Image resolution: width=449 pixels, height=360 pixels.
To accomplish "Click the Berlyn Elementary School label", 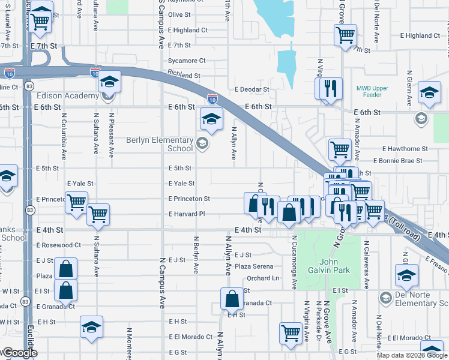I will pyautogui.click(x=160, y=144).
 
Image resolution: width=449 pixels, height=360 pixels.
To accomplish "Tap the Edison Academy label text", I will pyautogui.click(x=68, y=96).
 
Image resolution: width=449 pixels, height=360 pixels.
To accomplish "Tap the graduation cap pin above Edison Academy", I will pyautogui.click(x=109, y=82).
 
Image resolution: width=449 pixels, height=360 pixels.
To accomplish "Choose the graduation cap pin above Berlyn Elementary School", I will pyautogui.click(x=211, y=119).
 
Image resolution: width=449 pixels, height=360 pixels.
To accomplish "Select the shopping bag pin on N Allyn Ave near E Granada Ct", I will pyautogui.click(x=231, y=298).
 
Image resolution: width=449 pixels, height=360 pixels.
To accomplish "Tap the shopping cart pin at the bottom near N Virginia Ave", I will pyautogui.click(x=291, y=332).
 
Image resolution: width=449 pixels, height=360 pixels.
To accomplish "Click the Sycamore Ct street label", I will pyautogui.click(x=187, y=61).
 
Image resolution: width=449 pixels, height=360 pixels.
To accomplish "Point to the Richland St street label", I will pyautogui.click(x=184, y=76).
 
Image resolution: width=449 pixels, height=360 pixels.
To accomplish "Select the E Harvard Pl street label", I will pyautogui.click(x=187, y=214).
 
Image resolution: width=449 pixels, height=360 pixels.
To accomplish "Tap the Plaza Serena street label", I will pyautogui.click(x=254, y=266).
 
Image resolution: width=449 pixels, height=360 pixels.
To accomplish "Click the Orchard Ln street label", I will pyautogui.click(x=263, y=278).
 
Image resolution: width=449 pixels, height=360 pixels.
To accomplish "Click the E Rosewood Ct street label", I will pyautogui.click(x=58, y=245).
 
